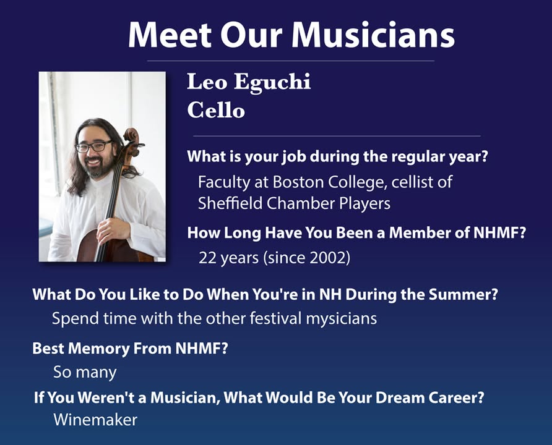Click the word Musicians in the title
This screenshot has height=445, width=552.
tap(373, 35)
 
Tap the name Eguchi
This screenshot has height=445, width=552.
tap(272, 83)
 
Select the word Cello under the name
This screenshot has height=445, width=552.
tap(216, 110)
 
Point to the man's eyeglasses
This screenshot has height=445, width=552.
tap(93, 146)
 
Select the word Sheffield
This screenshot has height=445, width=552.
tap(230, 203)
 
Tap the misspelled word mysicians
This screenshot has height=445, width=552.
tap(342, 319)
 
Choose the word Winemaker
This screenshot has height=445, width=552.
tap(95, 420)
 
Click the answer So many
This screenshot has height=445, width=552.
tap(85, 373)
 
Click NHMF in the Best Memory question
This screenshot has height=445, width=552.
tap(198, 349)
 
